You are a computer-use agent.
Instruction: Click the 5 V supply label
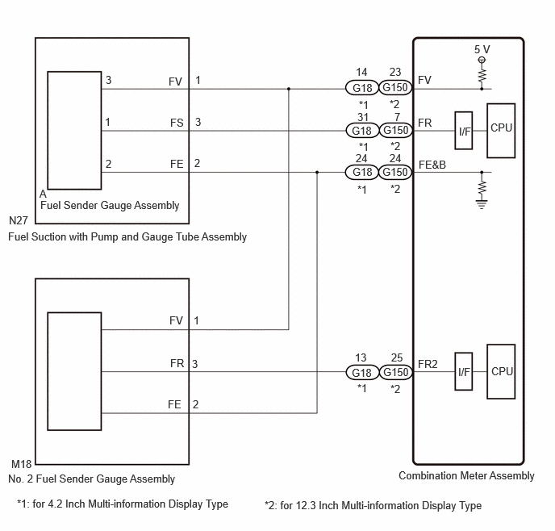[482, 49]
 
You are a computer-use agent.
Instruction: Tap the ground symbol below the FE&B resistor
[482, 204]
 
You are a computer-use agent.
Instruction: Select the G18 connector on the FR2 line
[362, 372]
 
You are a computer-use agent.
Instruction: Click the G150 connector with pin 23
[395, 87]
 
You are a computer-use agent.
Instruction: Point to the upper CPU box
[501, 131]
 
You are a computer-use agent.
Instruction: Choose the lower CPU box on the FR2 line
[501, 371]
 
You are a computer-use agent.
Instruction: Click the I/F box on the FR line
[464, 131]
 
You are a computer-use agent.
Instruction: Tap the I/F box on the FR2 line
[464, 371]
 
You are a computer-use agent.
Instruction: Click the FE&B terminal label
[432, 165]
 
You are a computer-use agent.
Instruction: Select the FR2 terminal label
[428, 364]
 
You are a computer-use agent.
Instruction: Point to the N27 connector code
[19, 220]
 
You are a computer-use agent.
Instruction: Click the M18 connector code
[21, 464]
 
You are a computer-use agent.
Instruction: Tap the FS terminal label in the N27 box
[177, 123]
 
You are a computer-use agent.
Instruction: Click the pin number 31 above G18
[363, 117]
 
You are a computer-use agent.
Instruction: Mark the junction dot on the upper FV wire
[289, 89]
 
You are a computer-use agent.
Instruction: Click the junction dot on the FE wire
[317, 173]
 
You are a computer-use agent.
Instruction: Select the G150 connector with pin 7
[396, 130]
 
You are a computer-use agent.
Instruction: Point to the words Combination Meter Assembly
[466, 476]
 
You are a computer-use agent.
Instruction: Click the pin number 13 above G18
[361, 357]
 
